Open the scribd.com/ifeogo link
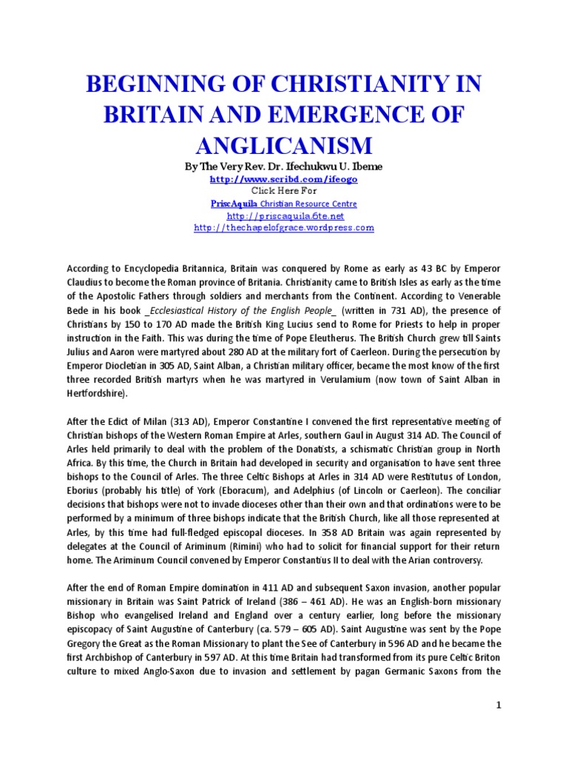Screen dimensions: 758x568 click(283, 179)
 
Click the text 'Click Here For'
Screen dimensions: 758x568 click(283, 191)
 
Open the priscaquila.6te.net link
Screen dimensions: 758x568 click(285, 215)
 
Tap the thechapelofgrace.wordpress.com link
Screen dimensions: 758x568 click(284, 228)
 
